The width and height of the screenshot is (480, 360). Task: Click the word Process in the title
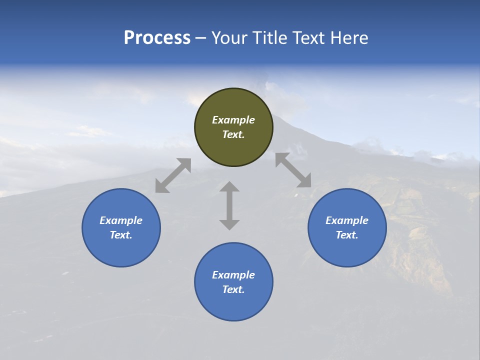pos(157,38)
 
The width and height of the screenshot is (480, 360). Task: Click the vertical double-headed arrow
pos(229,206)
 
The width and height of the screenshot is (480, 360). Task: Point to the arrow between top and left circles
pos(173,175)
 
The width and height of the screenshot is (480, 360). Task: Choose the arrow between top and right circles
pos(293,170)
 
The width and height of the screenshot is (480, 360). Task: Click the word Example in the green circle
pos(233,120)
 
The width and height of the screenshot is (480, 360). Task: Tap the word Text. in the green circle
pos(233,134)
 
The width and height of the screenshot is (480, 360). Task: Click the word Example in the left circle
pos(121,220)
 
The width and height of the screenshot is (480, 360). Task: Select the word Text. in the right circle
pos(347,235)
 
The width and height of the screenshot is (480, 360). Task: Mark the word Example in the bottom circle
pos(233,275)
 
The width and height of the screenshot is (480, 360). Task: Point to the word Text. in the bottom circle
pos(233,289)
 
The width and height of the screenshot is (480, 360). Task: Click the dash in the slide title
pos(200,38)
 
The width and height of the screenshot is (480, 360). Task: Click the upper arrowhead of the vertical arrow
pos(229,187)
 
